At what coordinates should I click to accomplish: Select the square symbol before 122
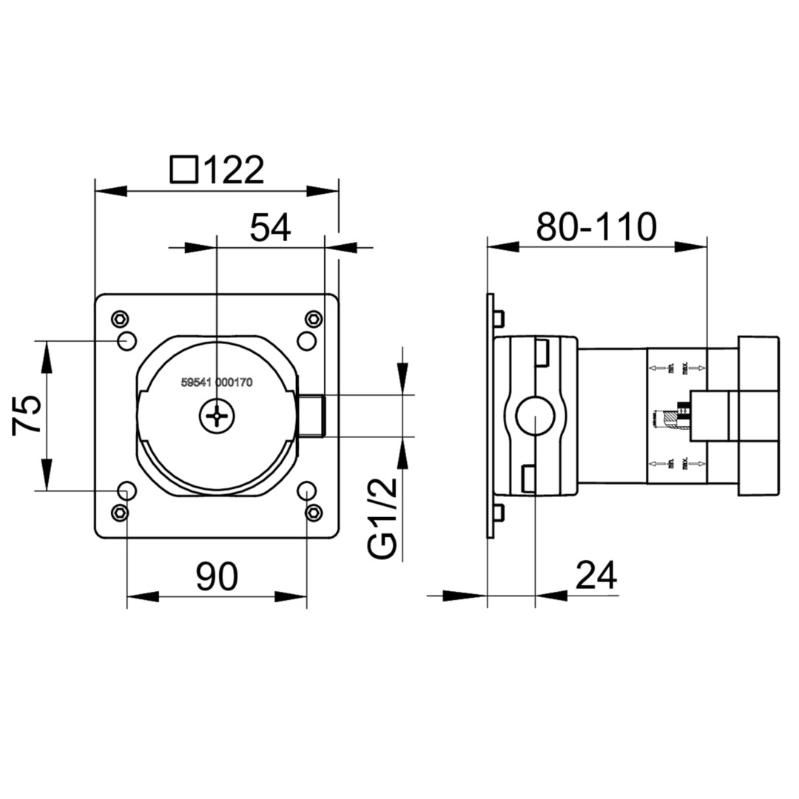(x=183, y=169)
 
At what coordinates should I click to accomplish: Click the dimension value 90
(x=217, y=577)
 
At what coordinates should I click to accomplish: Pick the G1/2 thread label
(x=383, y=517)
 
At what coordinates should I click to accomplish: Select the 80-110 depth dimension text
(x=596, y=227)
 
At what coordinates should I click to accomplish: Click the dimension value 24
(x=596, y=575)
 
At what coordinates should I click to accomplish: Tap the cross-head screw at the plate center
(x=217, y=417)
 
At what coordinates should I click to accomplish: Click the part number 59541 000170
(x=217, y=383)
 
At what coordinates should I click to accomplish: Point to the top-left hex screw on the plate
(x=119, y=319)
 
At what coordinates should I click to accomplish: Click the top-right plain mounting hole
(x=306, y=341)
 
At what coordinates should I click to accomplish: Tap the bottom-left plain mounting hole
(x=127, y=490)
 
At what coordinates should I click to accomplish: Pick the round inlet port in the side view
(x=534, y=416)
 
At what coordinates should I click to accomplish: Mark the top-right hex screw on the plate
(x=314, y=319)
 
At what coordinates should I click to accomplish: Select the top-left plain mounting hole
(x=127, y=341)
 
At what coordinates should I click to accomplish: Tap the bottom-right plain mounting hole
(x=306, y=490)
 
